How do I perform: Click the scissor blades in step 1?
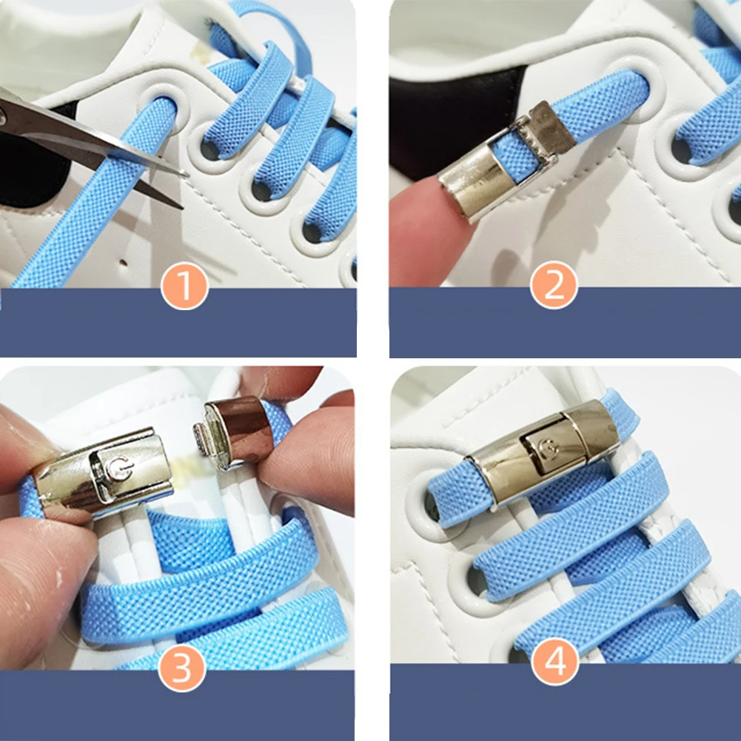click(89, 141)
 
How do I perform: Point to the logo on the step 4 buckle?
click(549, 448)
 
